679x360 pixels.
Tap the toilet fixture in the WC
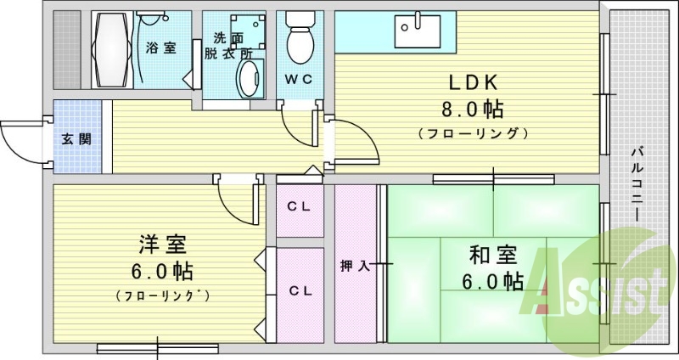(x=299, y=38)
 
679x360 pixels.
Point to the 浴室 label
(x=160, y=48)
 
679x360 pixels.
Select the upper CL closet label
(x=298, y=205)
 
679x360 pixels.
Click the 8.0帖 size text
(x=471, y=110)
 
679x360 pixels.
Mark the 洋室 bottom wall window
(x=159, y=346)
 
